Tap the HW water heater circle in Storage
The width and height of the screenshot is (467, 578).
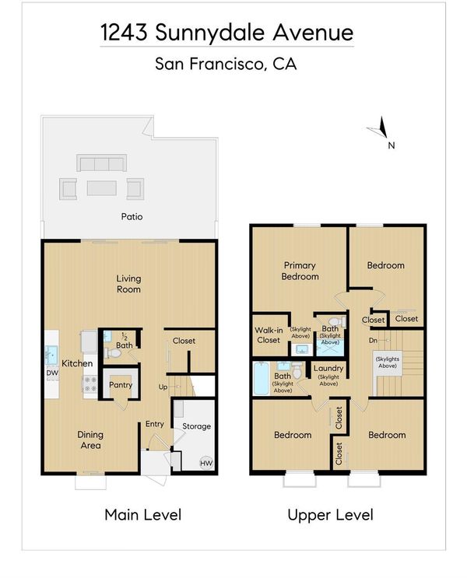click(x=206, y=463)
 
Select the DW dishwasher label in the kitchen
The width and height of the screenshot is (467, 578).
click(x=52, y=373)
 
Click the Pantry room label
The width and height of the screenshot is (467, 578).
click(x=121, y=385)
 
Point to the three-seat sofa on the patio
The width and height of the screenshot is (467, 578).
click(x=101, y=163)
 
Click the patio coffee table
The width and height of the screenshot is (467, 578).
click(x=102, y=188)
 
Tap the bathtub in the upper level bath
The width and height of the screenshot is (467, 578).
click(x=262, y=379)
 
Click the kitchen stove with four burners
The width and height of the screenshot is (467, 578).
click(x=90, y=384)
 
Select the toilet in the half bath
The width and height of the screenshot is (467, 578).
click(x=113, y=353)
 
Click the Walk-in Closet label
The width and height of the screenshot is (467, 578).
click(x=269, y=335)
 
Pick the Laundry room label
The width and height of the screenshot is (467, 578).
click(x=328, y=368)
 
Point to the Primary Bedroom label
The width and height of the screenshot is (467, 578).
click(x=300, y=271)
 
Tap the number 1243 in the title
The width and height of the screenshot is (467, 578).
click(x=124, y=32)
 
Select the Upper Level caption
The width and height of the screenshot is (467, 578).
click(x=331, y=515)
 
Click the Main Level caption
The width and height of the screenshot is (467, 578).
click(x=143, y=514)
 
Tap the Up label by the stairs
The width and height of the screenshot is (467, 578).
click(x=163, y=387)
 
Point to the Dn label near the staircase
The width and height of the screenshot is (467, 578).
click(x=373, y=340)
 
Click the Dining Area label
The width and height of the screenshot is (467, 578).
click(x=90, y=440)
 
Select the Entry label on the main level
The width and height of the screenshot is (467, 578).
click(x=155, y=424)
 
